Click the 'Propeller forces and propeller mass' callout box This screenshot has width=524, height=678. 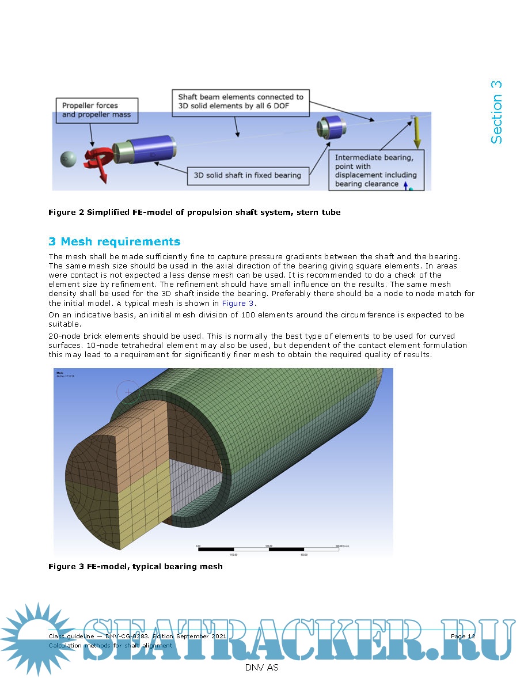96,110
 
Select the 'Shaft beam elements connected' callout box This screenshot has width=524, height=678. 241,102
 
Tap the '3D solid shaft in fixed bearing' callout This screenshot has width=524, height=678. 248,175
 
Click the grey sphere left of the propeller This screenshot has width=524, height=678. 69,158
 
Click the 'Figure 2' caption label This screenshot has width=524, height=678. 66,213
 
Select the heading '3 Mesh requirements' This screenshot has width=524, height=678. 114,242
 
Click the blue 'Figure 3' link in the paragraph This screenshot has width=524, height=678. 237,303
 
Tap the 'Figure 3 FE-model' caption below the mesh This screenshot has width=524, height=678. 135,567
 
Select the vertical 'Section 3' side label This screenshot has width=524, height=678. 496,112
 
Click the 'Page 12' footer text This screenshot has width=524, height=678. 463,636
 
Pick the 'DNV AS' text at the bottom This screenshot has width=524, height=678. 261,668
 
